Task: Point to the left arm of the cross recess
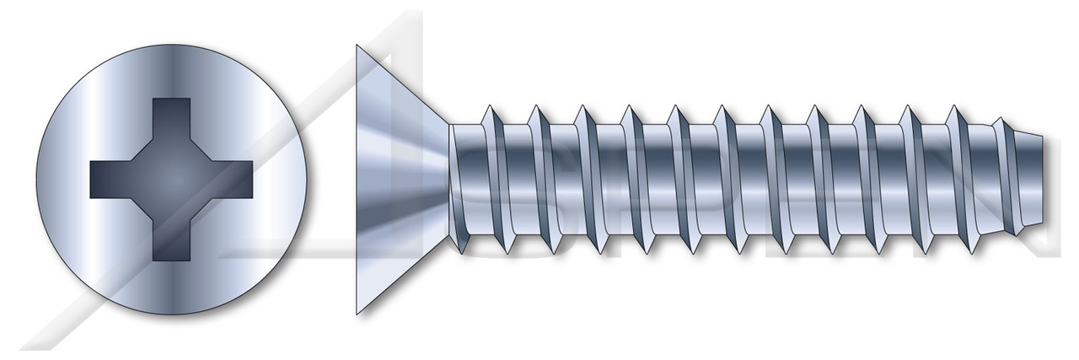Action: (110, 180)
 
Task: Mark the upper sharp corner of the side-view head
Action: (357, 46)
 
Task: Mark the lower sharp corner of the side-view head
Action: (357, 314)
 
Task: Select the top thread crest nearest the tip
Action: (954, 107)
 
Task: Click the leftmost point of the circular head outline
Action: (37, 180)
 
